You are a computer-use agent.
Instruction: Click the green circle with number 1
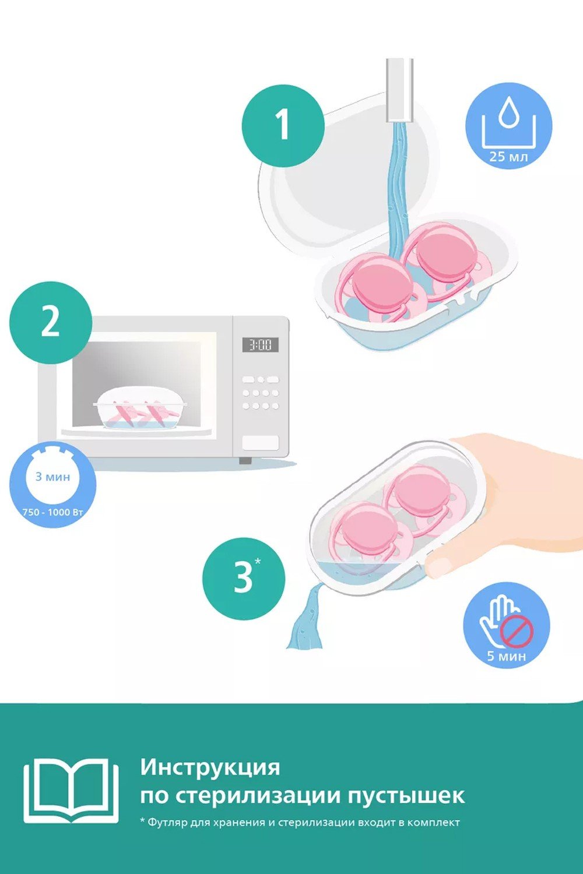(283, 126)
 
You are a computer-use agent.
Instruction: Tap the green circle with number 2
(51, 323)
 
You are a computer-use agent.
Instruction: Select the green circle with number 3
(244, 579)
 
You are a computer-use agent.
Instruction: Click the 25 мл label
(508, 157)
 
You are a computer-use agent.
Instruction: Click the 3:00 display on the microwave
(261, 344)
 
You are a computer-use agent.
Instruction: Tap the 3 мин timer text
(52, 477)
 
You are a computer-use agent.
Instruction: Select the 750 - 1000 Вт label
(52, 512)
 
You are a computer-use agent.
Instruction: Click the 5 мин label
(507, 656)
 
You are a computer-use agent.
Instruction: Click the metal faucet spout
(399, 90)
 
